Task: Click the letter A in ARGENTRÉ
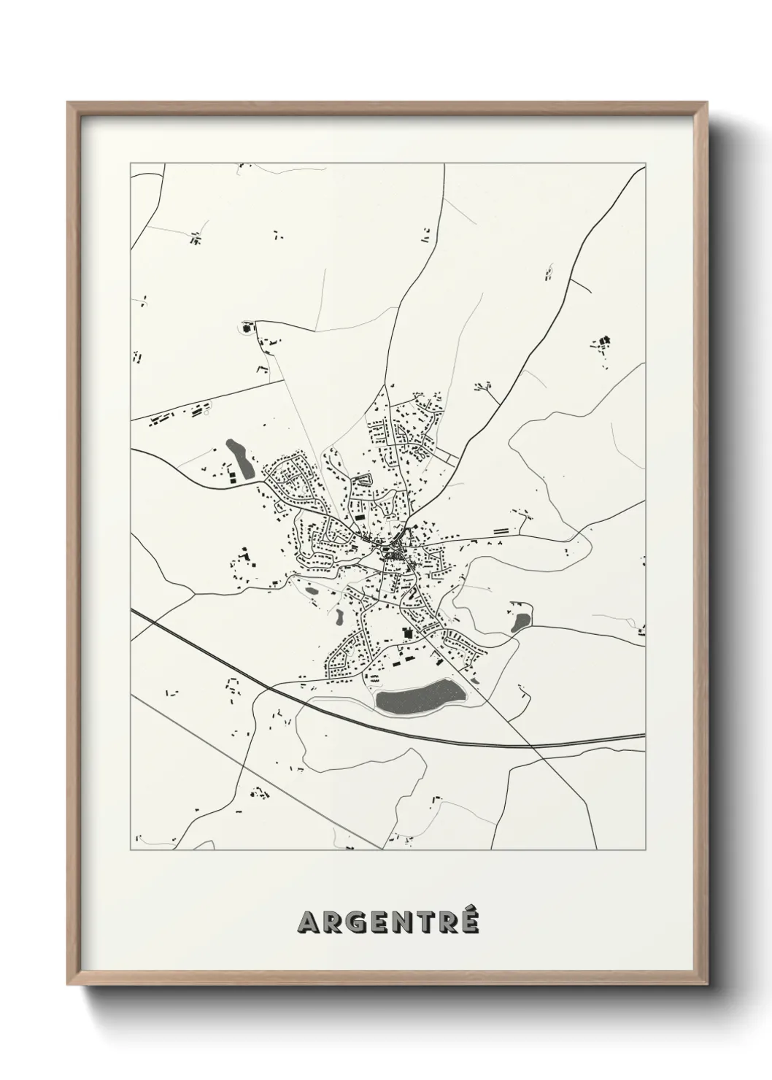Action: click(308, 923)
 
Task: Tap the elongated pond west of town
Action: click(240, 458)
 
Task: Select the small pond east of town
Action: click(521, 622)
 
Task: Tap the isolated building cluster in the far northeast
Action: click(603, 341)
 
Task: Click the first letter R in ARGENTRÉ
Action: click(333, 923)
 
